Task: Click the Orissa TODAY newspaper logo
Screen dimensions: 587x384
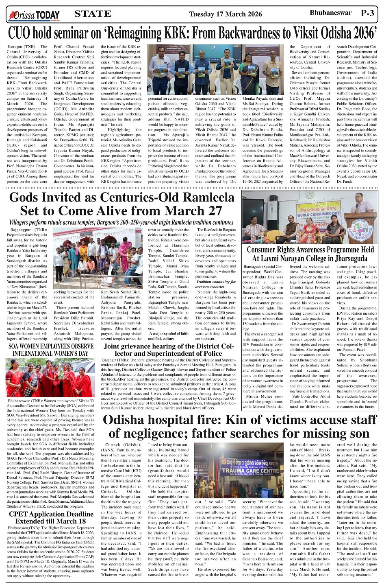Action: click(x=33, y=15)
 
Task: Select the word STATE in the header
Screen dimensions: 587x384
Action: click(x=93, y=14)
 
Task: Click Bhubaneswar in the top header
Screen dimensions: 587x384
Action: click(x=330, y=13)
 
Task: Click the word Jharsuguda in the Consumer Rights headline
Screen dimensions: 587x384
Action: click(x=343, y=258)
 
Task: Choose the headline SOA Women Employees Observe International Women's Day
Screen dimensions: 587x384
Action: click(x=51, y=350)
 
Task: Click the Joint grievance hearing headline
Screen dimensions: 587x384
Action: click(x=169, y=350)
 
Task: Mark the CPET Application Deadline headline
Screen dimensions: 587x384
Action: click(x=51, y=517)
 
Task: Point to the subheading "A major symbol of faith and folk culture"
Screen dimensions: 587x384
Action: click(x=168, y=336)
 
